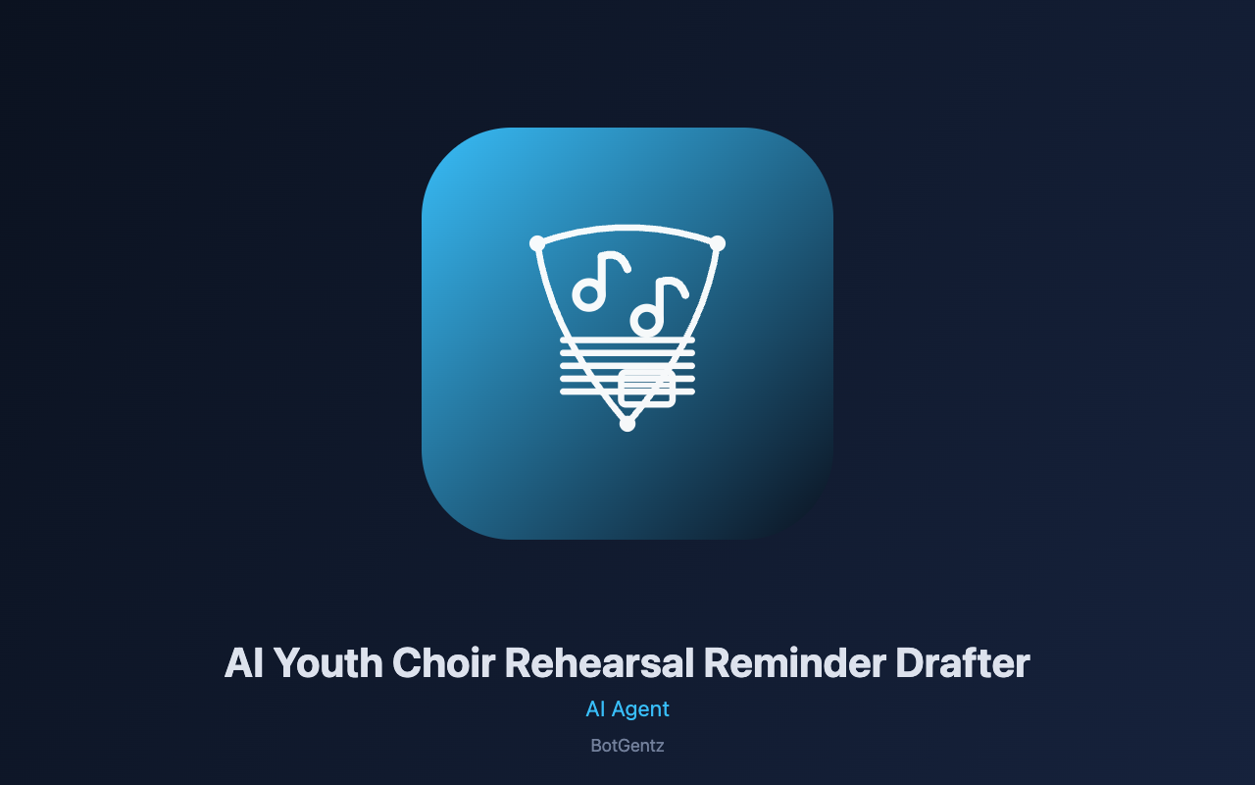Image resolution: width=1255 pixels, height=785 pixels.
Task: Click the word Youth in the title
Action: (x=328, y=663)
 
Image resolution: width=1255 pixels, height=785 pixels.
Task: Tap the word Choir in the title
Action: (x=444, y=663)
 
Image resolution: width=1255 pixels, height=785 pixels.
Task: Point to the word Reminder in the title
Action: (x=794, y=663)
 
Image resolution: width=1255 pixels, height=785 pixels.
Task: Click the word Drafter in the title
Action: (x=963, y=663)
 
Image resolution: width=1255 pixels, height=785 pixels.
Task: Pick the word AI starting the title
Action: (x=244, y=663)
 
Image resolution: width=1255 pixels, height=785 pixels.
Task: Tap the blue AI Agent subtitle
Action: (x=627, y=709)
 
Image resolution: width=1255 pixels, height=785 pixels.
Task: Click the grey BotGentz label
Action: (x=627, y=746)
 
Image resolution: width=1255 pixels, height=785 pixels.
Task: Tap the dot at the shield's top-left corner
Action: (x=537, y=243)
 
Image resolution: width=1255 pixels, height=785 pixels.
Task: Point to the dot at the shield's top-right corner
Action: (x=718, y=243)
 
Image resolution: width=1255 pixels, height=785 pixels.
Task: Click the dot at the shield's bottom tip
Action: (x=627, y=424)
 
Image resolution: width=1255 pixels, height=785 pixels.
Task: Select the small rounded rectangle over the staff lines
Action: (x=646, y=388)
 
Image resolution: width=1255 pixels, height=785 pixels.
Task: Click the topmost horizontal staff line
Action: (x=627, y=340)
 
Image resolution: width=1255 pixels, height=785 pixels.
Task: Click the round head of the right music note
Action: (x=646, y=321)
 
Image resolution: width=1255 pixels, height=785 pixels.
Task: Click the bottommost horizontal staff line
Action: (x=627, y=392)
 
